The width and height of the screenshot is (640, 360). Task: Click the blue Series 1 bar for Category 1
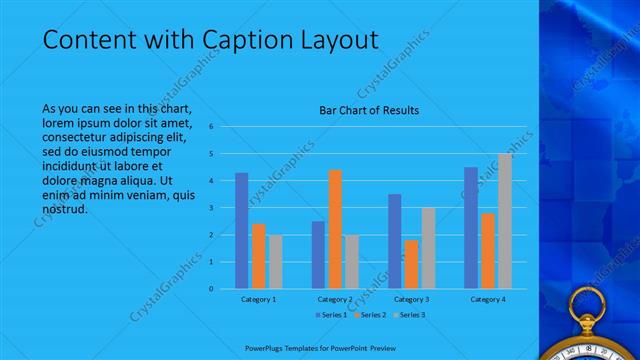click(241, 231)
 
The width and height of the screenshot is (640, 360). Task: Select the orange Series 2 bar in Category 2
click(335, 229)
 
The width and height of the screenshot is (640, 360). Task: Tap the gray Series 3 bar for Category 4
click(505, 221)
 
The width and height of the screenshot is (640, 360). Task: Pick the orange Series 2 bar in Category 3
click(412, 264)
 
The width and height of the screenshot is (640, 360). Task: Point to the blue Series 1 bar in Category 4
click(471, 228)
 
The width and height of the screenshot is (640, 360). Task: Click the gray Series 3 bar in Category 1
click(275, 262)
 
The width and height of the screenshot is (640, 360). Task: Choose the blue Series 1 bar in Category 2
click(318, 255)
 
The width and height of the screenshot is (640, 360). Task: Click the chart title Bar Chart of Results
click(369, 110)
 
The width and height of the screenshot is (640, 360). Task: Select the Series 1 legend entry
click(331, 315)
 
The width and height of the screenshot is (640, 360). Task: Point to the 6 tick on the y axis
click(212, 127)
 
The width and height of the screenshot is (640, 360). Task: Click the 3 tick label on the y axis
click(212, 208)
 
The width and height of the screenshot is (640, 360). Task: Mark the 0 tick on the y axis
click(212, 289)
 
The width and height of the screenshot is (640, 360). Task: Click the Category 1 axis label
click(259, 299)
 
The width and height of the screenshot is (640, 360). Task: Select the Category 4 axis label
click(488, 299)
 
